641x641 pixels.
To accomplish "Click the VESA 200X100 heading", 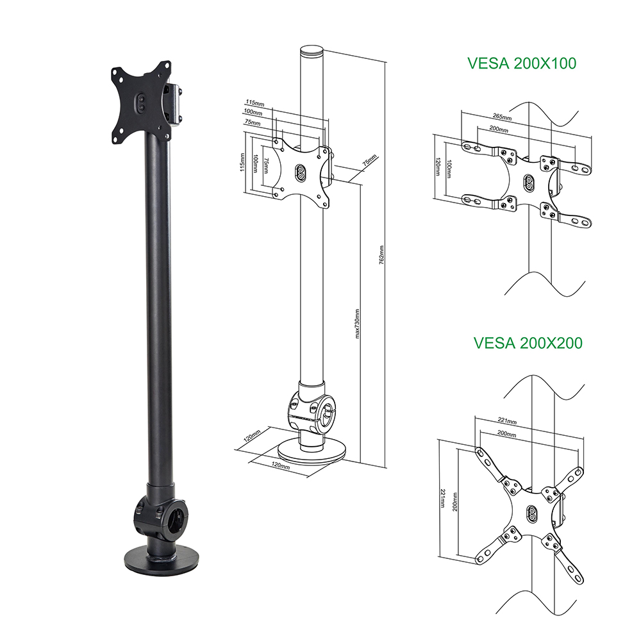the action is tap(522, 63).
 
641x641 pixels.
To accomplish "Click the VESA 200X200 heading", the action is tap(528, 343).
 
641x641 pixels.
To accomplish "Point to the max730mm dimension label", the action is tap(357, 324).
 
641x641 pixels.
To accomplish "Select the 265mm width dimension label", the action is tap(503, 117).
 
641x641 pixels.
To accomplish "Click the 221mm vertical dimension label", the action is tap(442, 497).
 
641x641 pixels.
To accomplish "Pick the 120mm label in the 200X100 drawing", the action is tap(438, 167).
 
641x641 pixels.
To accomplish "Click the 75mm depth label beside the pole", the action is tap(369, 160).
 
